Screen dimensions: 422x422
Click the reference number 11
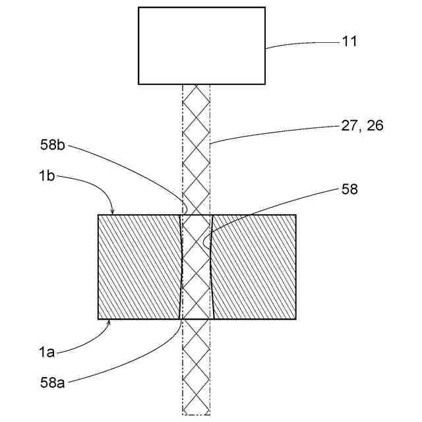[349, 41]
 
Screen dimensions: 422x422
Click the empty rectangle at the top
[201, 45]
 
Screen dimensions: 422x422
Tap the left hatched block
[138, 267]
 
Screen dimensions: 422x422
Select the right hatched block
[253, 267]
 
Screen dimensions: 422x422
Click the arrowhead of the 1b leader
[113, 213]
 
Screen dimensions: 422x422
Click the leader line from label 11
[303, 44]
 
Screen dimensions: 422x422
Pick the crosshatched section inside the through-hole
[196, 267]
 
